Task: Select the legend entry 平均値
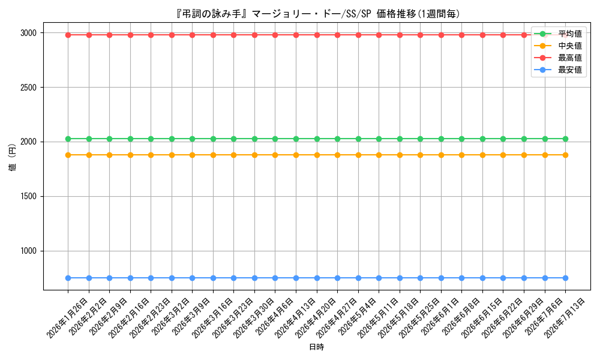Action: click(570, 34)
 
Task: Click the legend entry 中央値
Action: click(570, 46)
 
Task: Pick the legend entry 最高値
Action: click(570, 58)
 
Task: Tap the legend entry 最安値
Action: click(570, 70)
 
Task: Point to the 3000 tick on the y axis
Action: click(29, 33)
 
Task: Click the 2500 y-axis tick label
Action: click(29, 88)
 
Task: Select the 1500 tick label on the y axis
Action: click(29, 197)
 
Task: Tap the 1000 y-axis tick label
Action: click(29, 251)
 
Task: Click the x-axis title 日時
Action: click(316, 347)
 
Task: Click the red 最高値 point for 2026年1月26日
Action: click(68, 35)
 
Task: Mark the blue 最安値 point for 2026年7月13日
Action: click(565, 278)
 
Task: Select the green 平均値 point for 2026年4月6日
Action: click(275, 139)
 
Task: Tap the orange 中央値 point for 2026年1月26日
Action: click(68, 155)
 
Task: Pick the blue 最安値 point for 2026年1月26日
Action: click(68, 278)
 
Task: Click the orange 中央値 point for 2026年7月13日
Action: click(565, 155)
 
